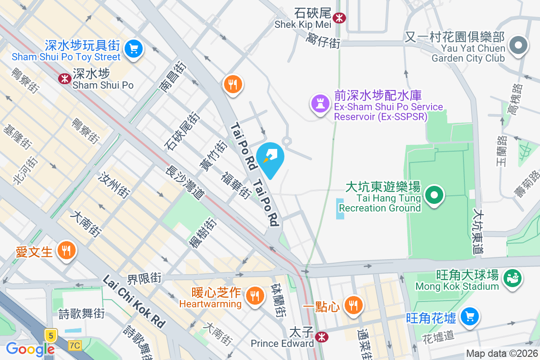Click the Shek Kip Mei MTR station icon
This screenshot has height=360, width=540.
[339, 18]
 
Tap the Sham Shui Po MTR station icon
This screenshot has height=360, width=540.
[64, 78]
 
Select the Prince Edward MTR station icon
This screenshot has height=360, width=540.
[321, 337]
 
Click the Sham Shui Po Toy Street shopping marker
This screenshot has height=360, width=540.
[133, 49]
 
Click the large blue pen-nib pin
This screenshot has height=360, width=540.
[270, 158]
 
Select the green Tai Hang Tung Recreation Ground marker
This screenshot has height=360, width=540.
[434, 196]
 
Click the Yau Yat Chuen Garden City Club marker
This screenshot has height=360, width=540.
[518, 45]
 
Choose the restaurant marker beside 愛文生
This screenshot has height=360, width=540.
[67, 250]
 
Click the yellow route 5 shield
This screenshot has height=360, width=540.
[51, 335]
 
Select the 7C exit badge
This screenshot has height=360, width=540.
[75, 346]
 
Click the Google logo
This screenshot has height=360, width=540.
[30, 349]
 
